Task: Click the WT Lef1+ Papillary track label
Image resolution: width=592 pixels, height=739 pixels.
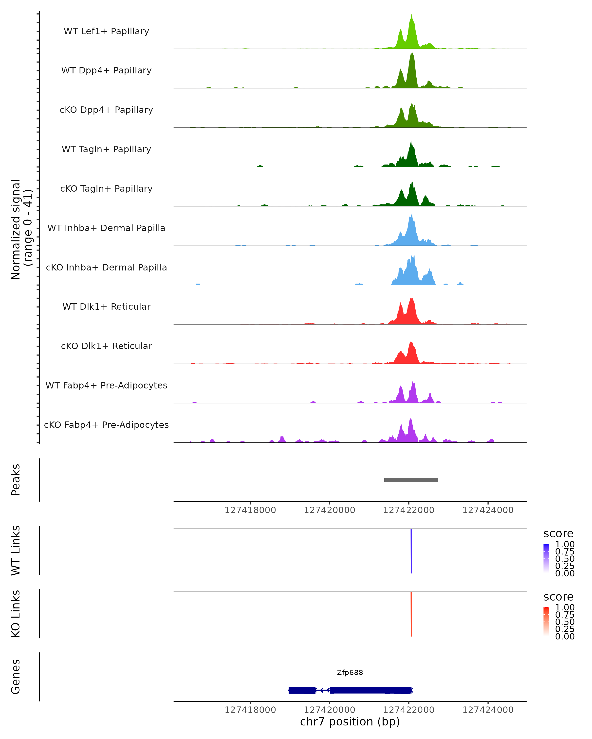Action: [x=106, y=31]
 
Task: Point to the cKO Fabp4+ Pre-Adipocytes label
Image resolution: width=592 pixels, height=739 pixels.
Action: [x=106, y=425]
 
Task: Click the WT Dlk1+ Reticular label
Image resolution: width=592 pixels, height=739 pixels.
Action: [x=106, y=306]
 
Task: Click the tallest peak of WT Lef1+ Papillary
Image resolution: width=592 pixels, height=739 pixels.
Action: [x=412, y=16]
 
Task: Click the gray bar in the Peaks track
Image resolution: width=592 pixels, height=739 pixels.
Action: [x=411, y=480]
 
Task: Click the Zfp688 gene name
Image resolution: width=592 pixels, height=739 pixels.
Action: [x=350, y=672]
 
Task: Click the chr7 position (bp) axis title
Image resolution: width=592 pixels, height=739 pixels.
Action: [x=350, y=722]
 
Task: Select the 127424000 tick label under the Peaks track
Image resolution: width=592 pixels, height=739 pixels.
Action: [x=488, y=510]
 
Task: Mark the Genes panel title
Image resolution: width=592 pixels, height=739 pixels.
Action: [x=16, y=677]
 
